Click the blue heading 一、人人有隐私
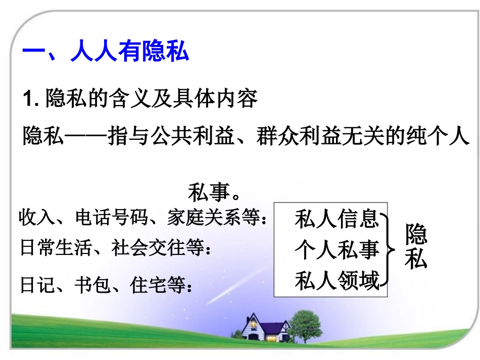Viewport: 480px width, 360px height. pyautogui.click(x=106, y=52)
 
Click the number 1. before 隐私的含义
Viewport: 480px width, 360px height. pyautogui.click(x=32, y=98)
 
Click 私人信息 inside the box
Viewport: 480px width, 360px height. pyautogui.click(x=336, y=219)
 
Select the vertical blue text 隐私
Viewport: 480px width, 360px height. pyautogui.click(x=416, y=247)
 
